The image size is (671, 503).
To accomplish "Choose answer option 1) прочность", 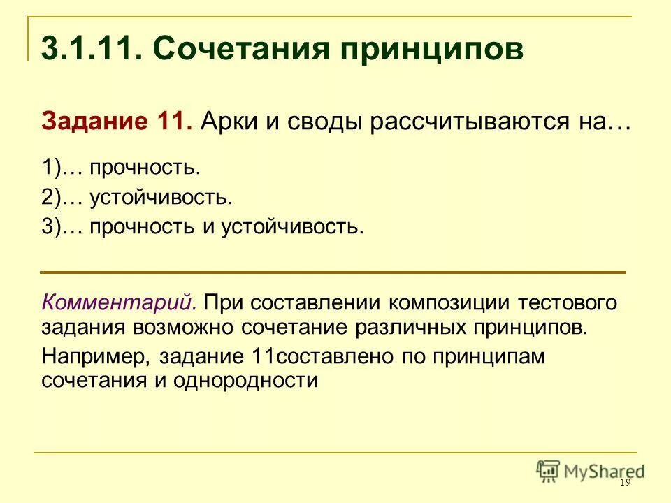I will pyautogui.click(x=121, y=168).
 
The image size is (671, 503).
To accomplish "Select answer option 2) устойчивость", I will pyautogui.click(x=137, y=198).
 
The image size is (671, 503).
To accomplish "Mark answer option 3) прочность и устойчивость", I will pyautogui.click(x=203, y=228).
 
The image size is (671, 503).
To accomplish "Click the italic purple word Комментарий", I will pyautogui.click(x=119, y=303).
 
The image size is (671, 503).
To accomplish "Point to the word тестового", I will pyautogui.click(x=568, y=303).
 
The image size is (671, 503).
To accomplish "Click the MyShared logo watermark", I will pyautogui.click(x=591, y=470).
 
